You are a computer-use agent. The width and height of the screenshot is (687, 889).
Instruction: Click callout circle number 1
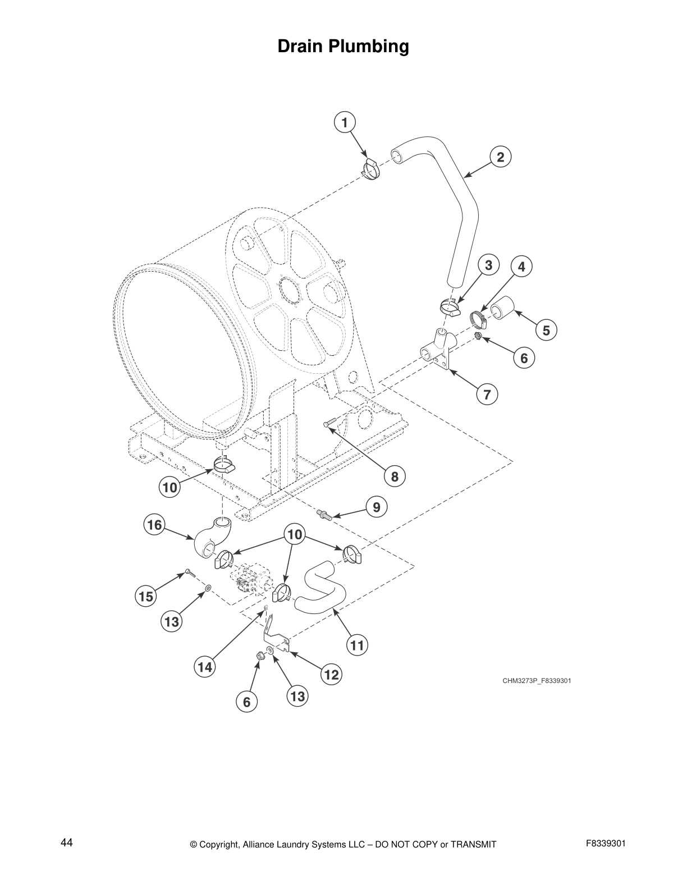click(x=344, y=122)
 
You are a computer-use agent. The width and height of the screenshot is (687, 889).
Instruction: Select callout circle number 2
click(x=501, y=157)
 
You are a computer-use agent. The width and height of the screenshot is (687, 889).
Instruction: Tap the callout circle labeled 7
click(x=487, y=395)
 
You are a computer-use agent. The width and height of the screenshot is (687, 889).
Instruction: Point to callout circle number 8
click(x=395, y=476)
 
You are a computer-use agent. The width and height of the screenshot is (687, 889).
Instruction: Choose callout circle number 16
click(x=154, y=525)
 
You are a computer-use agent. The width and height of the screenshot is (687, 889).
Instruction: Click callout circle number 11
click(x=357, y=645)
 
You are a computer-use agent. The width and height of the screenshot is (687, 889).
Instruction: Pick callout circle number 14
click(x=204, y=667)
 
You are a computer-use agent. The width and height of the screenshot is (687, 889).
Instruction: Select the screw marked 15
click(x=189, y=573)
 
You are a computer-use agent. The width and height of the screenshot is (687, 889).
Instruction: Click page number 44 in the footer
click(x=66, y=843)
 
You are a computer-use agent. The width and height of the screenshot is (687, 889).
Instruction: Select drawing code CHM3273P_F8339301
click(x=536, y=681)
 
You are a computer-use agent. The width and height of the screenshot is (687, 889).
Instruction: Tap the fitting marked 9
click(x=324, y=513)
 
